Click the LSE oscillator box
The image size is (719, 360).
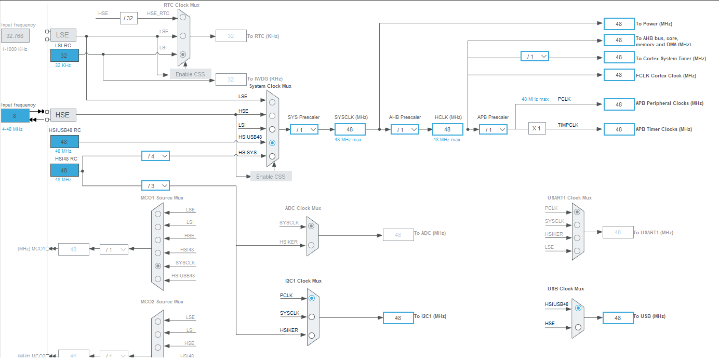coord(63,35)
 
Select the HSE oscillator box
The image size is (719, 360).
coord(63,114)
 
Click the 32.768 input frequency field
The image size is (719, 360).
coord(15,36)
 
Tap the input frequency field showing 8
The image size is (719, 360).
coord(15,115)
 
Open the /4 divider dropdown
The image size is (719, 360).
coord(155,156)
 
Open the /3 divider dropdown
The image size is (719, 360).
coord(155,185)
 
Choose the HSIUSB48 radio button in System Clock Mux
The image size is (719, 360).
coord(272,142)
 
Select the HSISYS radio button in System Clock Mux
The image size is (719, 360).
coord(272,156)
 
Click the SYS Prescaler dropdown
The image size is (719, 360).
coord(304,129)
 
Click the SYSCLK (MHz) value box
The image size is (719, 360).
coord(350,129)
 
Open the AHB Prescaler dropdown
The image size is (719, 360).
coord(405,129)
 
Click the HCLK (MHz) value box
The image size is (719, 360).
coord(447,129)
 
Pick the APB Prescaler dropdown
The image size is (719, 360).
coord(492,129)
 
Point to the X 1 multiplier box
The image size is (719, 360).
coord(537,128)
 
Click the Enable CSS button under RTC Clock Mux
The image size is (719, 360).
coord(190,74)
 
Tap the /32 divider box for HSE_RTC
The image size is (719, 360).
coord(128,18)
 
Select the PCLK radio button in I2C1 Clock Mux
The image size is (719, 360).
coord(311,298)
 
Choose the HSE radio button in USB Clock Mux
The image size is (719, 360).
coord(578,327)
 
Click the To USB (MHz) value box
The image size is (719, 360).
coord(618,318)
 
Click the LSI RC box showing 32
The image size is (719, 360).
coord(64,56)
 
